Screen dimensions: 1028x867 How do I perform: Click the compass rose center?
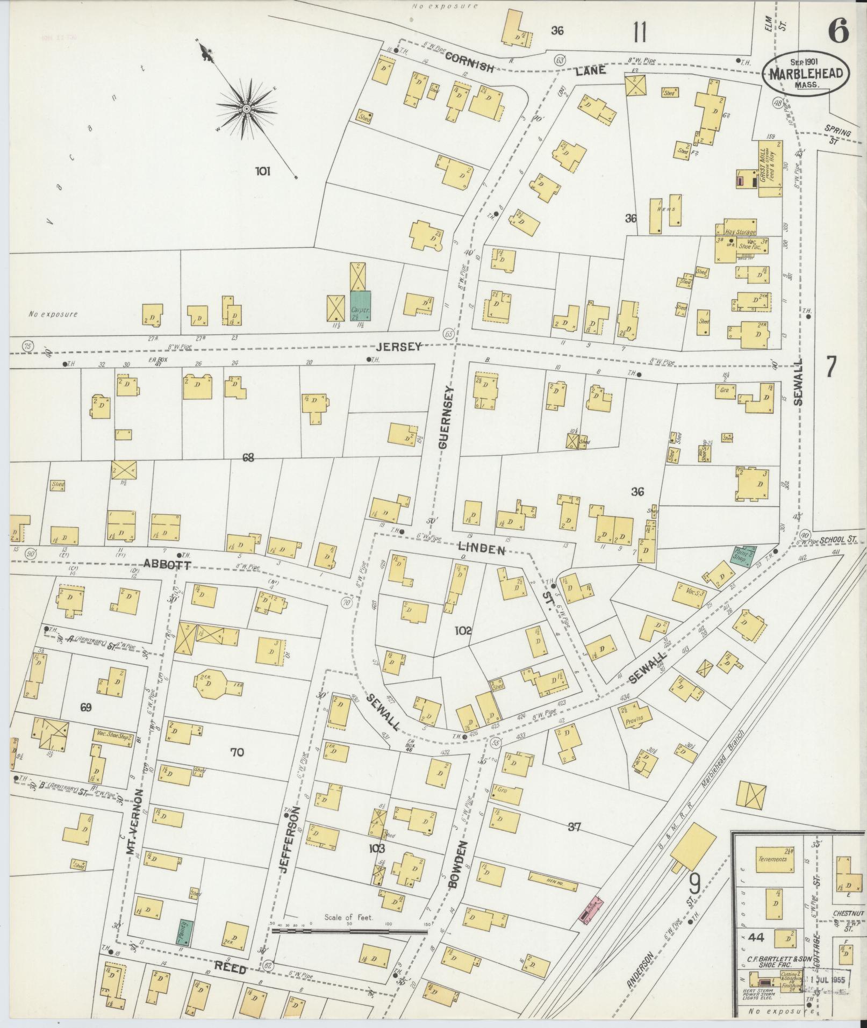coord(246,109)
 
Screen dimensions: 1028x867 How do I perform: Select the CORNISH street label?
coord(469,63)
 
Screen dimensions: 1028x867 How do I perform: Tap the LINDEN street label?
coord(481,550)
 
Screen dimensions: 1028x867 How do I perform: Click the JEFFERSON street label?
coord(288,844)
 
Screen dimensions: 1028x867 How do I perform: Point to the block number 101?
coord(262,172)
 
